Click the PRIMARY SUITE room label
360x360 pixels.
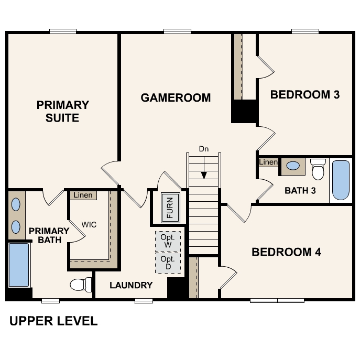pyautogui.click(x=62, y=111)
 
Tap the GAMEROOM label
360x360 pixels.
pyautogui.click(x=176, y=97)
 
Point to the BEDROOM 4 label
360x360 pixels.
pyautogui.click(x=286, y=252)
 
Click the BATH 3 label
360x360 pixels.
pyautogui.click(x=300, y=190)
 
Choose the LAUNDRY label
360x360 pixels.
pyautogui.click(x=131, y=286)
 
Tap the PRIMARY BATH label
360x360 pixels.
pyautogui.click(x=49, y=235)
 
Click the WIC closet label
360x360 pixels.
pyautogui.click(x=89, y=225)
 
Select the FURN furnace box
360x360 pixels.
pyautogui.click(x=170, y=206)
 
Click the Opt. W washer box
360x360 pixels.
pyautogui.click(x=168, y=241)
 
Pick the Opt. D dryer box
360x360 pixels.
pyautogui.click(x=168, y=263)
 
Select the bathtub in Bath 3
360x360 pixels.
pyautogui.click(x=341, y=180)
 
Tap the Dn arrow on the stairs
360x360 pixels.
pyautogui.click(x=204, y=168)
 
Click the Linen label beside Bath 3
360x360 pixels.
pyautogui.click(x=268, y=162)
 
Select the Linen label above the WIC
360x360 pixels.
pyautogui.click(x=83, y=195)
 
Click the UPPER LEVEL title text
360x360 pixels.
pyautogui.click(x=53, y=321)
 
